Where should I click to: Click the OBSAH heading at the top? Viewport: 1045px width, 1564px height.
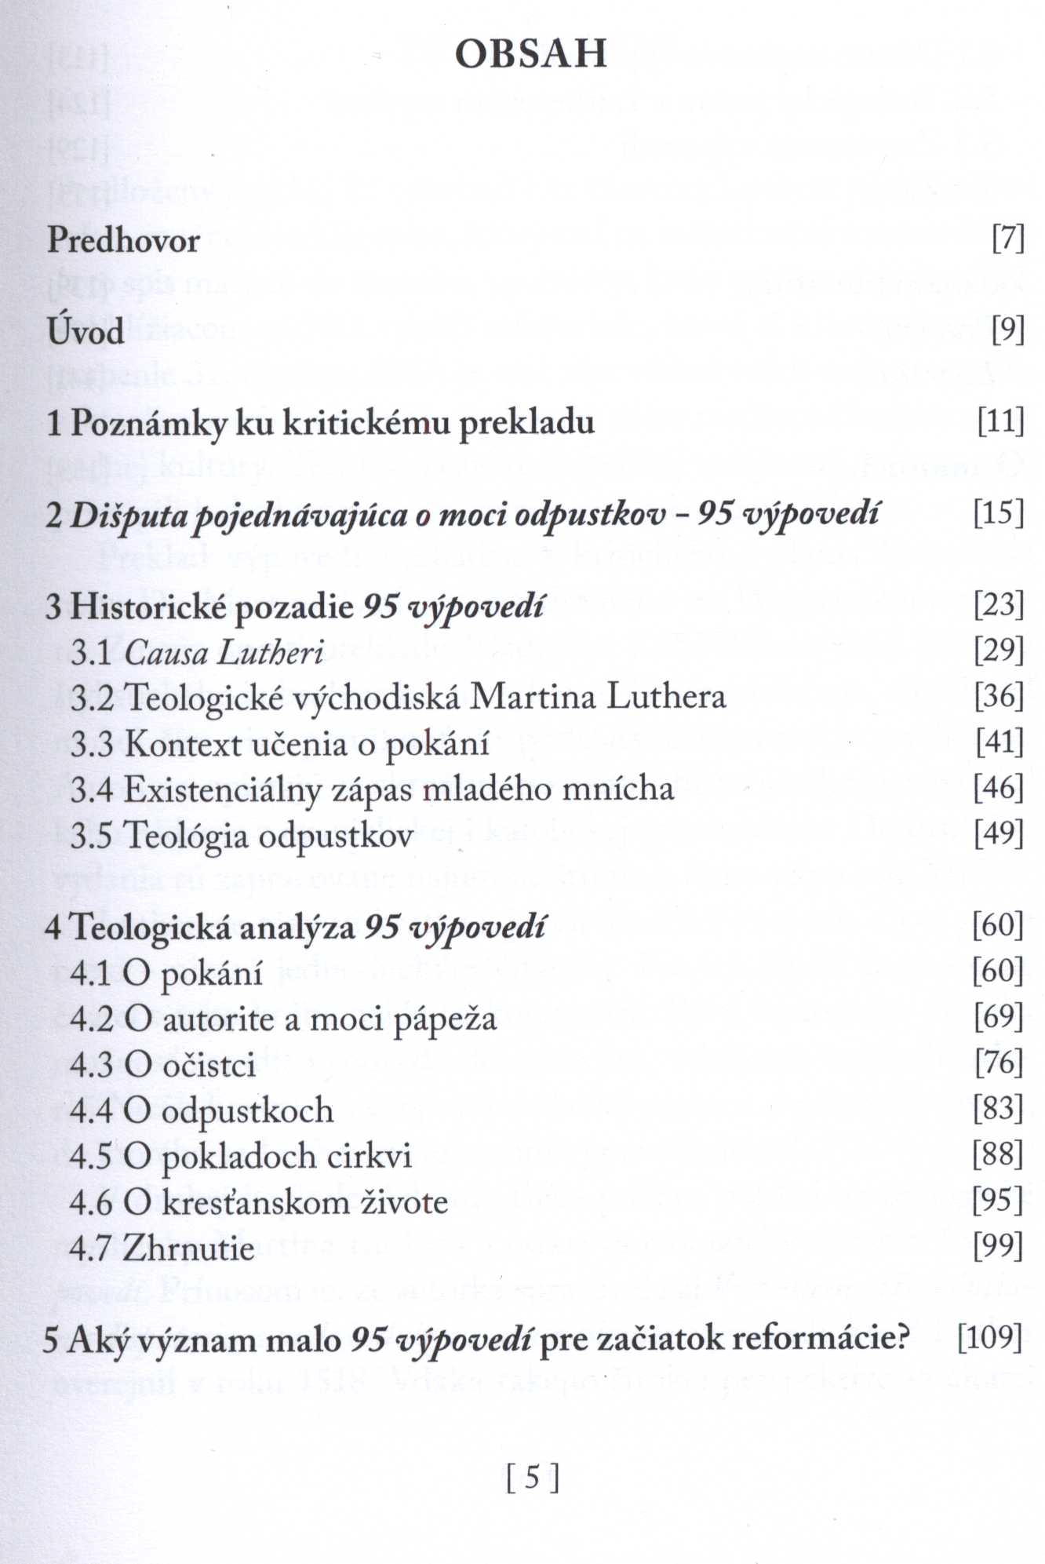(x=531, y=54)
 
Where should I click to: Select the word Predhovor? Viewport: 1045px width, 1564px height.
(x=124, y=240)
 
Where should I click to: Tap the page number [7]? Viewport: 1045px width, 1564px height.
(x=1008, y=239)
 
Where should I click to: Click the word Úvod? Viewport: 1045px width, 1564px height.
(x=86, y=331)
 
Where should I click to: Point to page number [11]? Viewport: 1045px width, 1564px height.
(x=1001, y=422)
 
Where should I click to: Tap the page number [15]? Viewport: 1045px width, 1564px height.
(x=999, y=513)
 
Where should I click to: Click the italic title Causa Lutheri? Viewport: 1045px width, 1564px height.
(x=224, y=653)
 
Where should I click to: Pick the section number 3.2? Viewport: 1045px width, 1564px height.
(x=93, y=698)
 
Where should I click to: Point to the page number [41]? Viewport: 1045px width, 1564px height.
(x=999, y=742)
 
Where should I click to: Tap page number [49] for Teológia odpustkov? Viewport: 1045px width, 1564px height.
(x=999, y=833)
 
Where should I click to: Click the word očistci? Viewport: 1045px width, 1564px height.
(x=209, y=1066)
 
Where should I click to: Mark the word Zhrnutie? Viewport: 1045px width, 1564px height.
(x=188, y=1249)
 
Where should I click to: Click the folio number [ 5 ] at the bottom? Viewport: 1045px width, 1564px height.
(x=533, y=1478)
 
